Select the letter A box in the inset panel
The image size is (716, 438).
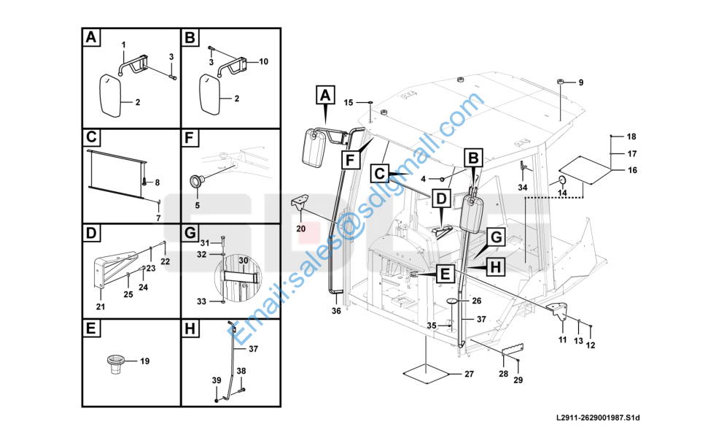(x=90, y=38)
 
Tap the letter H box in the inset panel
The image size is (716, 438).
(x=189, y=330)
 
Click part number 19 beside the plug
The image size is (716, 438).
(x=144, y=361)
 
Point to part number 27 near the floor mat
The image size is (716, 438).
(x=469, y=374)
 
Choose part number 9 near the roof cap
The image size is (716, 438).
(x=581, y=82)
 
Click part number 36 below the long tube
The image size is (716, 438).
(x=336, y=311)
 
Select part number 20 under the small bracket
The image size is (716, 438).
(x=301, y=228)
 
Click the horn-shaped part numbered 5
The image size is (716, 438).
(x=196, y=181)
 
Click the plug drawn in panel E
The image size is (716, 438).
(x=116, y=362)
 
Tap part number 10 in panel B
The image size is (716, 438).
(x=263, y=62)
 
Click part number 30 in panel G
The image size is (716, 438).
(x=243, y=261)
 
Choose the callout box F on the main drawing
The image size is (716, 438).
(x=350, y=158)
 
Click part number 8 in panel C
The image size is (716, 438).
(x=157, y=182)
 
